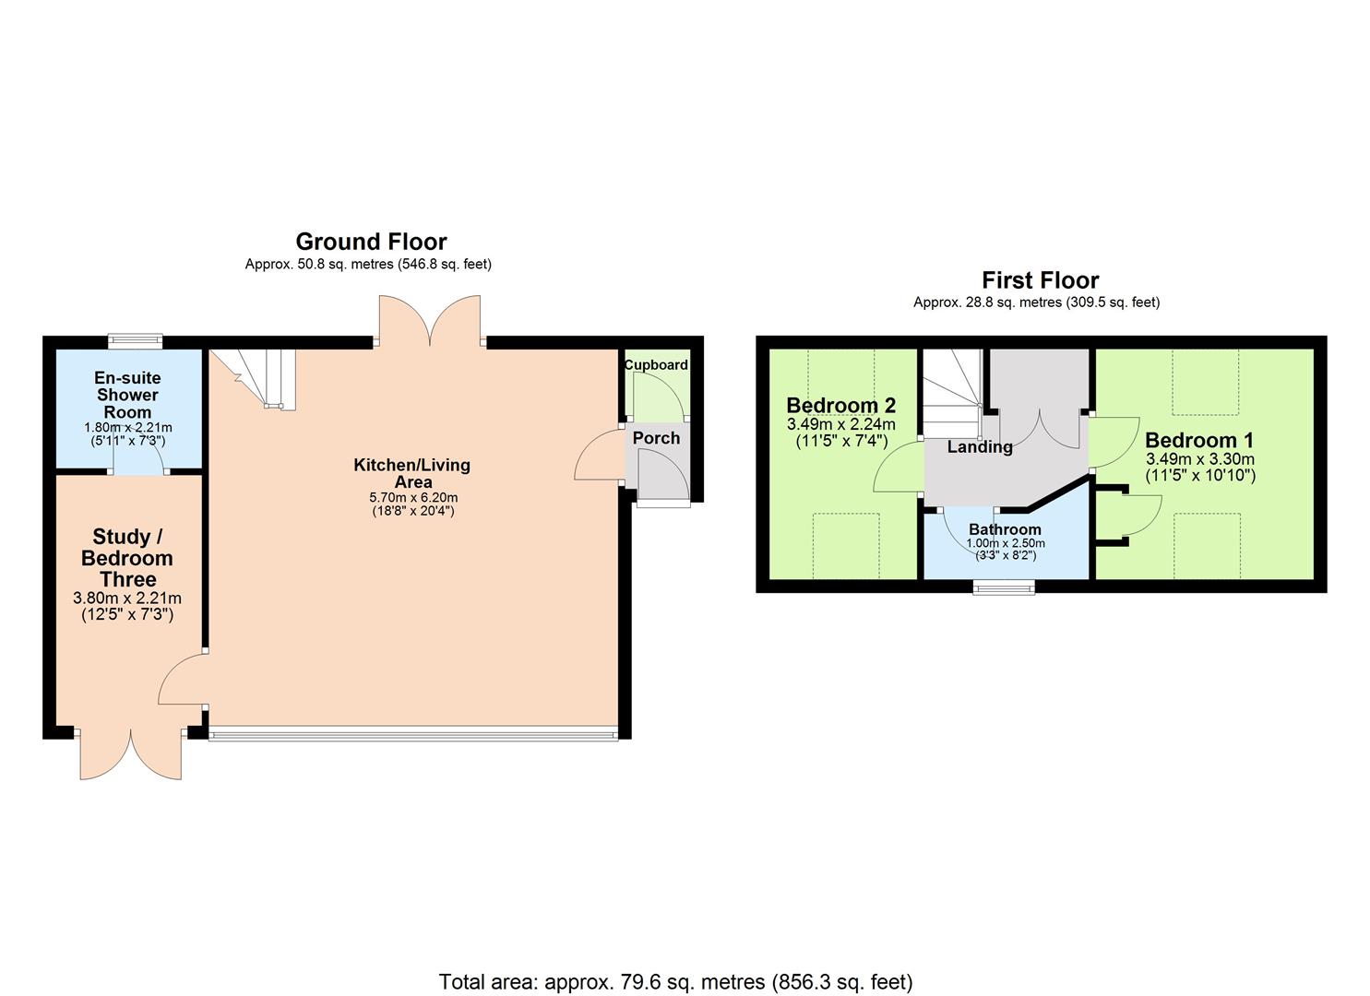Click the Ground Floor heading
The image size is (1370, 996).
click(x=371, y=242)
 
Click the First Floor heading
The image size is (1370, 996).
click(x=1040, y=280)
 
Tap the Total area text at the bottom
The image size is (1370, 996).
click(x=675, y=981)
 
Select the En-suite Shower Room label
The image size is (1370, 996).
click(x=127, y=395)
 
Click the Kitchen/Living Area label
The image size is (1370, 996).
click(x=411, y=473)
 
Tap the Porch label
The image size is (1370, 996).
click(x=656, y=438)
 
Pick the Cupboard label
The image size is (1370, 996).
click(x=656, y=365)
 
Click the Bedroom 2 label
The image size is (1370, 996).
click(x=840, y=406)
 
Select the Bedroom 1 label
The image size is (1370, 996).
click(x=1199, y=440)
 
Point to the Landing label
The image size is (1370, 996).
click(x=980, y=447)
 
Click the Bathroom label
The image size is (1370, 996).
click(x=1005, y=529)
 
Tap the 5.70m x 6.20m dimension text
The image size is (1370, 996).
click(x=412, y=498)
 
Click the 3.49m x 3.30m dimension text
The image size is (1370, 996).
click(x=1199, y=459)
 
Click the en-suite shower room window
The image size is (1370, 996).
click(x=135, y=340)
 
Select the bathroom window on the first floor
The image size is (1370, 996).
click(x=1005, y=587)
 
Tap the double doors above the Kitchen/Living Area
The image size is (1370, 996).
click(x=429, y=321)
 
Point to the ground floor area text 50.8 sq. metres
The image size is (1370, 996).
click(x=368, y=265)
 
